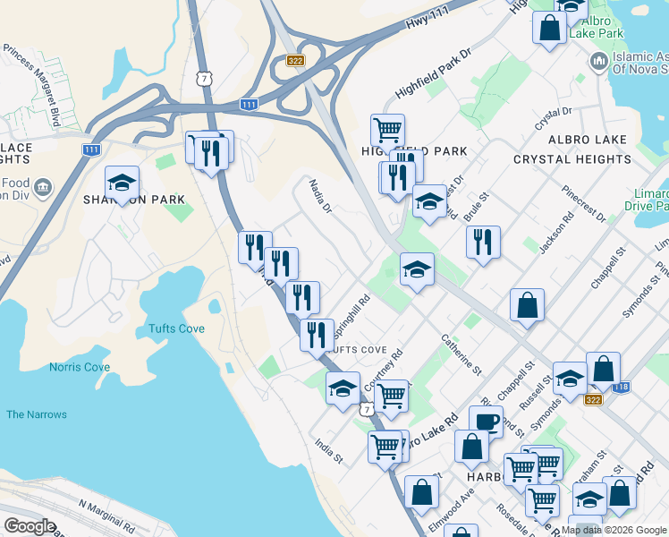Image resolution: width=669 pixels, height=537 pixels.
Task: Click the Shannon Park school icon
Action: tap(122, 184)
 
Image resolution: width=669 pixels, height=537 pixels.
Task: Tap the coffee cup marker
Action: tap(486, 421)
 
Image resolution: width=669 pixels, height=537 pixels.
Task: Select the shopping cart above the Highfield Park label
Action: tap(387, 130)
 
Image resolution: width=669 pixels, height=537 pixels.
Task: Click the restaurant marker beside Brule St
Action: tap(483, 241)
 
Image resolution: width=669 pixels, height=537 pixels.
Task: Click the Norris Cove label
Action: tap(80, 368)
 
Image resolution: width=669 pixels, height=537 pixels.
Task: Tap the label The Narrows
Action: tap(36, 414)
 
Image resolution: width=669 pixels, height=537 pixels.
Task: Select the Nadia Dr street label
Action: tap(320, 196)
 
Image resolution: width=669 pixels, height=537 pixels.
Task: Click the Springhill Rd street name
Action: tap(351, 317)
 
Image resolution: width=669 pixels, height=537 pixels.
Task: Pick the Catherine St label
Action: tap(461, 354)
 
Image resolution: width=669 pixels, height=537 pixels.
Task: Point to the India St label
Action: tap(329, 450)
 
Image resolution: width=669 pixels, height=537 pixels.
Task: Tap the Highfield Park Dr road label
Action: tap(433, 71)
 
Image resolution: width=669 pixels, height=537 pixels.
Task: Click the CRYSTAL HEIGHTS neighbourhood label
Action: tap(572, 159)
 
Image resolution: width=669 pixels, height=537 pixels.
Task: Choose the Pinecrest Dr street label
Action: tap(584, 204)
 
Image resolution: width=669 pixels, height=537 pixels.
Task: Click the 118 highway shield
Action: tap(622, 386)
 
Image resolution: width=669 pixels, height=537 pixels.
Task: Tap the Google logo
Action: tap(30, 526)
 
